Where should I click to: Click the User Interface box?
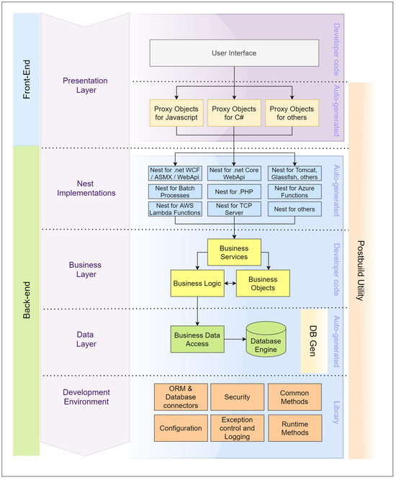pos(234,52)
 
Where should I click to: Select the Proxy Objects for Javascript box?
pos(176,113)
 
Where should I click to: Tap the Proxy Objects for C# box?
pos(234,113)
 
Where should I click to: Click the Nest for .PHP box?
pos(235,191)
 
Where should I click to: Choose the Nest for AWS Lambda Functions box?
pos(176,210)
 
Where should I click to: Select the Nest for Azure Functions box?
pos(294,191)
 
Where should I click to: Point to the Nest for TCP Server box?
pos(235,210)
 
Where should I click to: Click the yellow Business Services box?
pos(234,253)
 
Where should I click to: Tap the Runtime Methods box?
pos(294,427)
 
